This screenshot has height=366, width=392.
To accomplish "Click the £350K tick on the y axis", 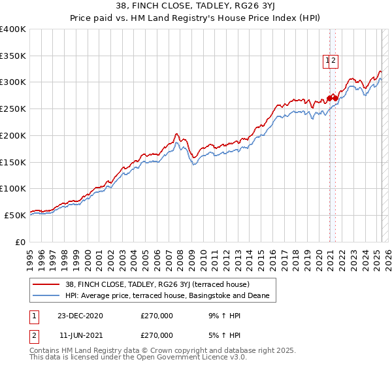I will click(13, 56).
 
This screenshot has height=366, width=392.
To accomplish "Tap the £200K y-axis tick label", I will click(13, 135).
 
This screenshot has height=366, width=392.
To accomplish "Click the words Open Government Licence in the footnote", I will click(179, 359).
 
